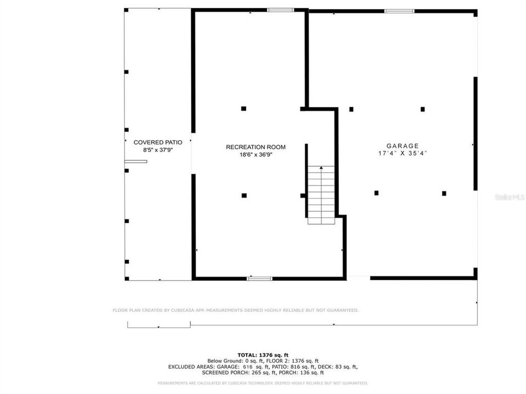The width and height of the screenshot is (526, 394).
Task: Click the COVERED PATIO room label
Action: [158, 142]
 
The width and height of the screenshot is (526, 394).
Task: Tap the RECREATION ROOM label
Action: [256, 147]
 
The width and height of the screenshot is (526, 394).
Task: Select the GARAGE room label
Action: [402, 146]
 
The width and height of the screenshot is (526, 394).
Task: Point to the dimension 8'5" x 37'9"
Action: [158, 149]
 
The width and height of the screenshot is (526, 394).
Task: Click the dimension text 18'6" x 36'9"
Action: [256, 155]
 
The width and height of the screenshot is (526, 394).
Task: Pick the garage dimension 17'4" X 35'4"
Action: [402, 153]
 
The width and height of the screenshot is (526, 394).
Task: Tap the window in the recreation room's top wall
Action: [281, 10]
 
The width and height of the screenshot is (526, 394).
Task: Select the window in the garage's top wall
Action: [399, 10]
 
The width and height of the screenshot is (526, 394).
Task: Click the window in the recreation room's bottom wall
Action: [260, 279]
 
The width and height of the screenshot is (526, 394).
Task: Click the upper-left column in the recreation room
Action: [244, 108]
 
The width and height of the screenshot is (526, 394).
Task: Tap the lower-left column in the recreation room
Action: [244, 195]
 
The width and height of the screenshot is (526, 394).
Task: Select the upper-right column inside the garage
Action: [422, 109]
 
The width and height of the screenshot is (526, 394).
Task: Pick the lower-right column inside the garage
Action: [444, 193]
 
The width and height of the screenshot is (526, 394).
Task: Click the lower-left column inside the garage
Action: [376, 193]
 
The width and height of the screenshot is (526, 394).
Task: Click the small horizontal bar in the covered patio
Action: [136, 161]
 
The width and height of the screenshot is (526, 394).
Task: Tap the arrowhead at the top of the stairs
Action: [321, 168]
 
